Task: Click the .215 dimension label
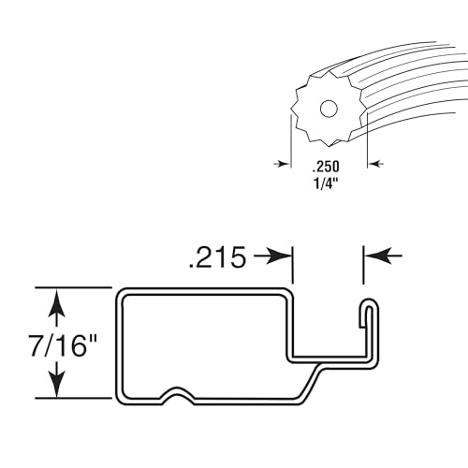click(x=217, y=257)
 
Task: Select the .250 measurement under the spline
click(x=326, y=167)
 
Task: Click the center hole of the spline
click(x=329, y=109)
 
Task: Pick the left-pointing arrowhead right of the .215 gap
click(x=378, y=256)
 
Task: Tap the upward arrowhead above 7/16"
click(x=57, y=302)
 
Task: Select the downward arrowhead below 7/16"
click(x=57, y=383)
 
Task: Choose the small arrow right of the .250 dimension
click(x=375, y=164)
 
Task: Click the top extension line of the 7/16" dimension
click(x=74, y=287)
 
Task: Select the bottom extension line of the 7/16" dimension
click(x=74, y=398)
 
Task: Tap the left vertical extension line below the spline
click(x=291, y=140)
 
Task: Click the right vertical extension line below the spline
click(x=367, y=140)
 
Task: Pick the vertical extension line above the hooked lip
click(x=363, y=265)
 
